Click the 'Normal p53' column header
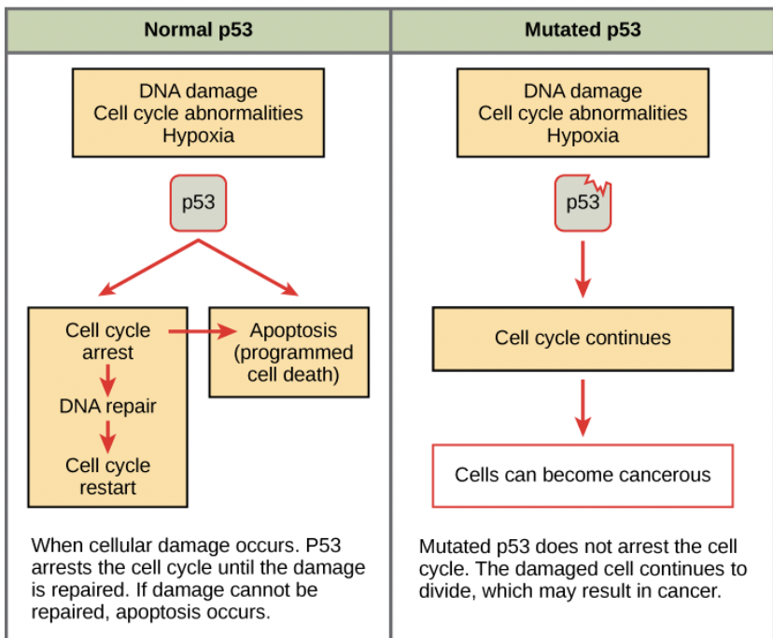click(x=198, y=29)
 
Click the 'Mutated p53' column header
click(x=583, y=29)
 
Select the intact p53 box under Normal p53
click(x=198, y=202)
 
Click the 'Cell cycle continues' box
click(x=583, y=338)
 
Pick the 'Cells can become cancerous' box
click(x=583, y=475)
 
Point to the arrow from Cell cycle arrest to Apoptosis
click(x=200, y=331)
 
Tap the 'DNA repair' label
click(x=108, y=407)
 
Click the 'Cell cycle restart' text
click(x=108, y=476)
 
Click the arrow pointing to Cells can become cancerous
click(x=583, y=408)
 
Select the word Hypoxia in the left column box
click(x=198, y=135)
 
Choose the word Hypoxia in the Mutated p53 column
click(x=583, y=135)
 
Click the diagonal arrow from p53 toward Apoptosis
click(x=250, y=269)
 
